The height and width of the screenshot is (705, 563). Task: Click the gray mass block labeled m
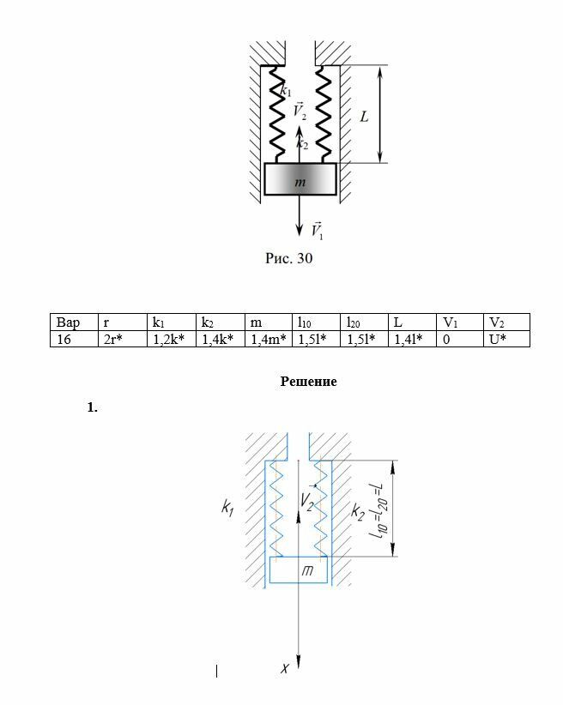[300, 180]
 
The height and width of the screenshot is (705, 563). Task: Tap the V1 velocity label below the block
[317, 230]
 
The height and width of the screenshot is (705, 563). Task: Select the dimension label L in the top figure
[364, 116]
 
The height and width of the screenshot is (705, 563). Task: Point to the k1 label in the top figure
[286, 89]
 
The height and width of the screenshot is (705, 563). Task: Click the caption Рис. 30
[288, 258]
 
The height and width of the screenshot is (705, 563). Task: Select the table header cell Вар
[69, 322]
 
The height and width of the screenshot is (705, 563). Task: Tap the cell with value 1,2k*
[169, 339]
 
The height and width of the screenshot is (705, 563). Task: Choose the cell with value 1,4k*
[218, 339]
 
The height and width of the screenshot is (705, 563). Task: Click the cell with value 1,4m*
[268, 339]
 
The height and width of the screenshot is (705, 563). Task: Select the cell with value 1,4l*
[409, 339]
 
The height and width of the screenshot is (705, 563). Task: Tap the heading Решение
[308, 382]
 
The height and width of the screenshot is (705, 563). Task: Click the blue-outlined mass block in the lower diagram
[300, 569]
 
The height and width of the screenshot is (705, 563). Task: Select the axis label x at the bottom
[285, 667]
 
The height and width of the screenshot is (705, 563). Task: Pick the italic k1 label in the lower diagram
[227, 510]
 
